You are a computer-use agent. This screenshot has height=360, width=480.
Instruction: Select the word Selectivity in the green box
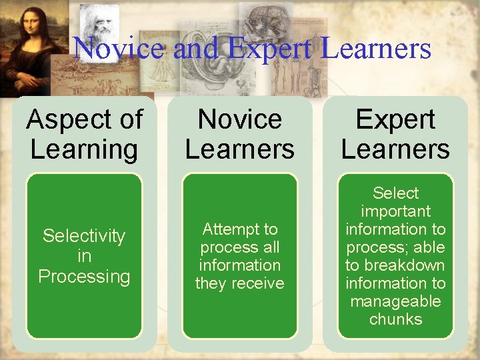click(x=84, y=236)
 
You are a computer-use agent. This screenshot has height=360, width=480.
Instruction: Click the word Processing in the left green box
click(x=84, y=276)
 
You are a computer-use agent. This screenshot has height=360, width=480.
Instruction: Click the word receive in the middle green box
click(x=258, y=283)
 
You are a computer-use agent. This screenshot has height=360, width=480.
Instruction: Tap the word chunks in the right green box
click(x=395, y=319)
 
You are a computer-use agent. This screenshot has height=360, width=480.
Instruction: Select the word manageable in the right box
click(x=395, y=301)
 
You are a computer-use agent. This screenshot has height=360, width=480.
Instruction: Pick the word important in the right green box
click(x=395, y=211)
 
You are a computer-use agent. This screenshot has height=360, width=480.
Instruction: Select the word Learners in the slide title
click(x=376, y=48)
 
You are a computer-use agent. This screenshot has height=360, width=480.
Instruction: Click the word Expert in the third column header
click(x=395, y=120)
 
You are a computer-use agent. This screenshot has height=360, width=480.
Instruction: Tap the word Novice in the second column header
click(x=240, y=120)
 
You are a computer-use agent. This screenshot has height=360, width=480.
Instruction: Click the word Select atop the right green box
click(x=395, y=193)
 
